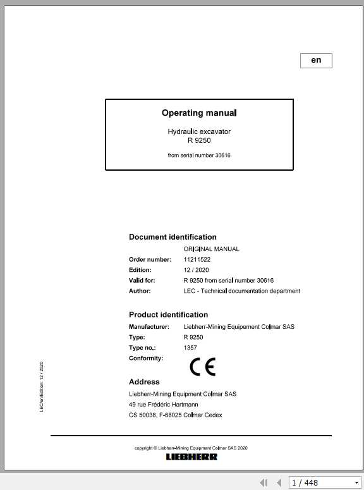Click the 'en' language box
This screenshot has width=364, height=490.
316,60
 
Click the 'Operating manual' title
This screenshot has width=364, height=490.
199,113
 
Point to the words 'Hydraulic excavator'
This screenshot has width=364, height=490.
199,132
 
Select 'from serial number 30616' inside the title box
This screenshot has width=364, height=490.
199,155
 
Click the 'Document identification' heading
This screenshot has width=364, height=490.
173,237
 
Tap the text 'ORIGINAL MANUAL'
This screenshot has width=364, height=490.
211,249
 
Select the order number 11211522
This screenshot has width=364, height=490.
197,259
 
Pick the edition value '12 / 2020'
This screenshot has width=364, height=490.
196,270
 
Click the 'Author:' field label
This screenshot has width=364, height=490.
140,291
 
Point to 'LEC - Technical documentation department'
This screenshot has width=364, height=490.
241,291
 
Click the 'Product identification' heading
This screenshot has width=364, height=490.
168,314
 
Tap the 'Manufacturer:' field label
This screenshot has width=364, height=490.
149,326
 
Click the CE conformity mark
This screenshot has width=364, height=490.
202,367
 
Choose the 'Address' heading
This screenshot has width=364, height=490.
144,382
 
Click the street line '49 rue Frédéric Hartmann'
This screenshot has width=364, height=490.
164,404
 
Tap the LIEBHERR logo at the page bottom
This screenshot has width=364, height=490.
191,456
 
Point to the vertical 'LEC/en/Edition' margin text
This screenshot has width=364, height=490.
41,387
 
